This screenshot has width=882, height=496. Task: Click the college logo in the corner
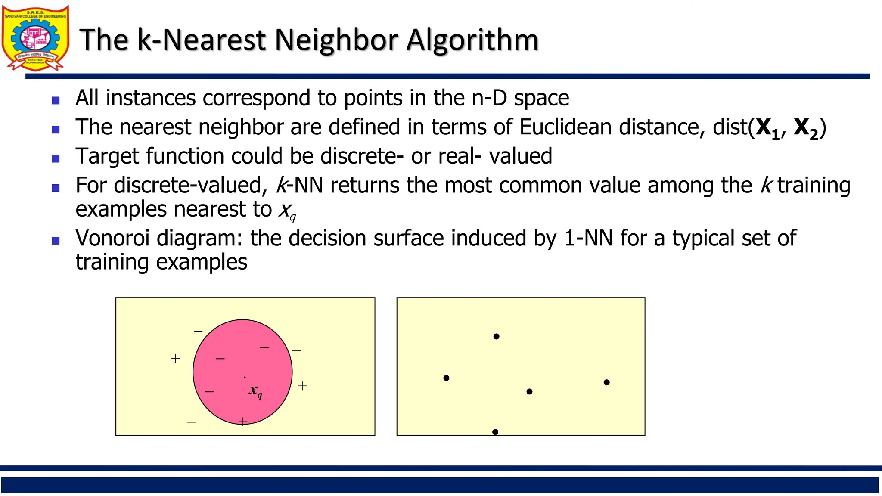point(35,38)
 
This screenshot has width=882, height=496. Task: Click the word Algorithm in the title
point(472,40)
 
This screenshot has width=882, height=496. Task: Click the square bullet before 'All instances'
point(56,101)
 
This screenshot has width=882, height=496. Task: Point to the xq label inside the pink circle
point(255,391)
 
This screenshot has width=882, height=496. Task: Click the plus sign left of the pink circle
point(175,358)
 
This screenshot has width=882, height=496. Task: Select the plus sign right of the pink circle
point(302,386)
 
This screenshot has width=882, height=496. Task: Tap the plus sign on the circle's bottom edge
point(243,422)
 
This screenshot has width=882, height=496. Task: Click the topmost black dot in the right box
point(496,336)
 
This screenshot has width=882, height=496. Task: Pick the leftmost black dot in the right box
point(446,378)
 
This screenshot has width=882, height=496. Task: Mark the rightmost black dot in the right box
point(606,382)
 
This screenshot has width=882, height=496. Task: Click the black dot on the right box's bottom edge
point(495,432)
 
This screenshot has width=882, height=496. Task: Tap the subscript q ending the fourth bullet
point(293,217)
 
